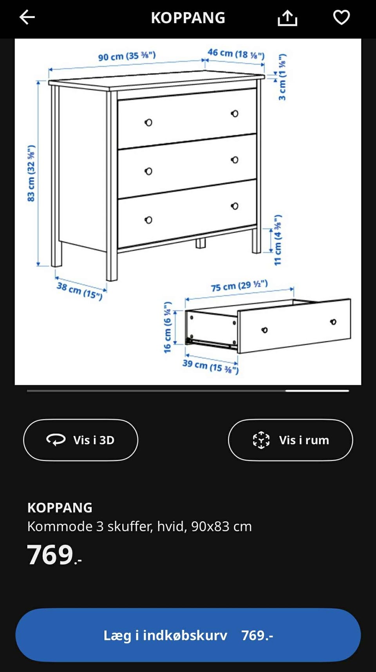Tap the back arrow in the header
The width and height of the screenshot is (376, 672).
[27, 17]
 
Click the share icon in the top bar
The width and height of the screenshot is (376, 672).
[287, 18]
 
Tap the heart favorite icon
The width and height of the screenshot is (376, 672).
[342, 17]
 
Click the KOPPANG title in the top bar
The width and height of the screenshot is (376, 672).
[188, 18]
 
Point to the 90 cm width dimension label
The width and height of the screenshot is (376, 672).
[127, 56]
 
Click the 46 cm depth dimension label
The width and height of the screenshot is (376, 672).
[236, 54]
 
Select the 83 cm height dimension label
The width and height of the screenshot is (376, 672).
[31, 173]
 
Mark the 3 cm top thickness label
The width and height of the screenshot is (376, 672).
[282, 77]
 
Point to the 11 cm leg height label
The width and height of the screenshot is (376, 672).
[278, 240]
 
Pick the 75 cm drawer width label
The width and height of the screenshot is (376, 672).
[239, 285]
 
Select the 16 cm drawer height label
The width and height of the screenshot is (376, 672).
[168, 327]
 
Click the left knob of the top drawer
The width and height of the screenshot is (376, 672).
[148, 123]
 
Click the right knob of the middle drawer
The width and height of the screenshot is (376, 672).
[235, 160]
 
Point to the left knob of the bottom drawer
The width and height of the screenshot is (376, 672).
[148, 220]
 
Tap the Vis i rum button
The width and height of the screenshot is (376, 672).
[290, 440]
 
